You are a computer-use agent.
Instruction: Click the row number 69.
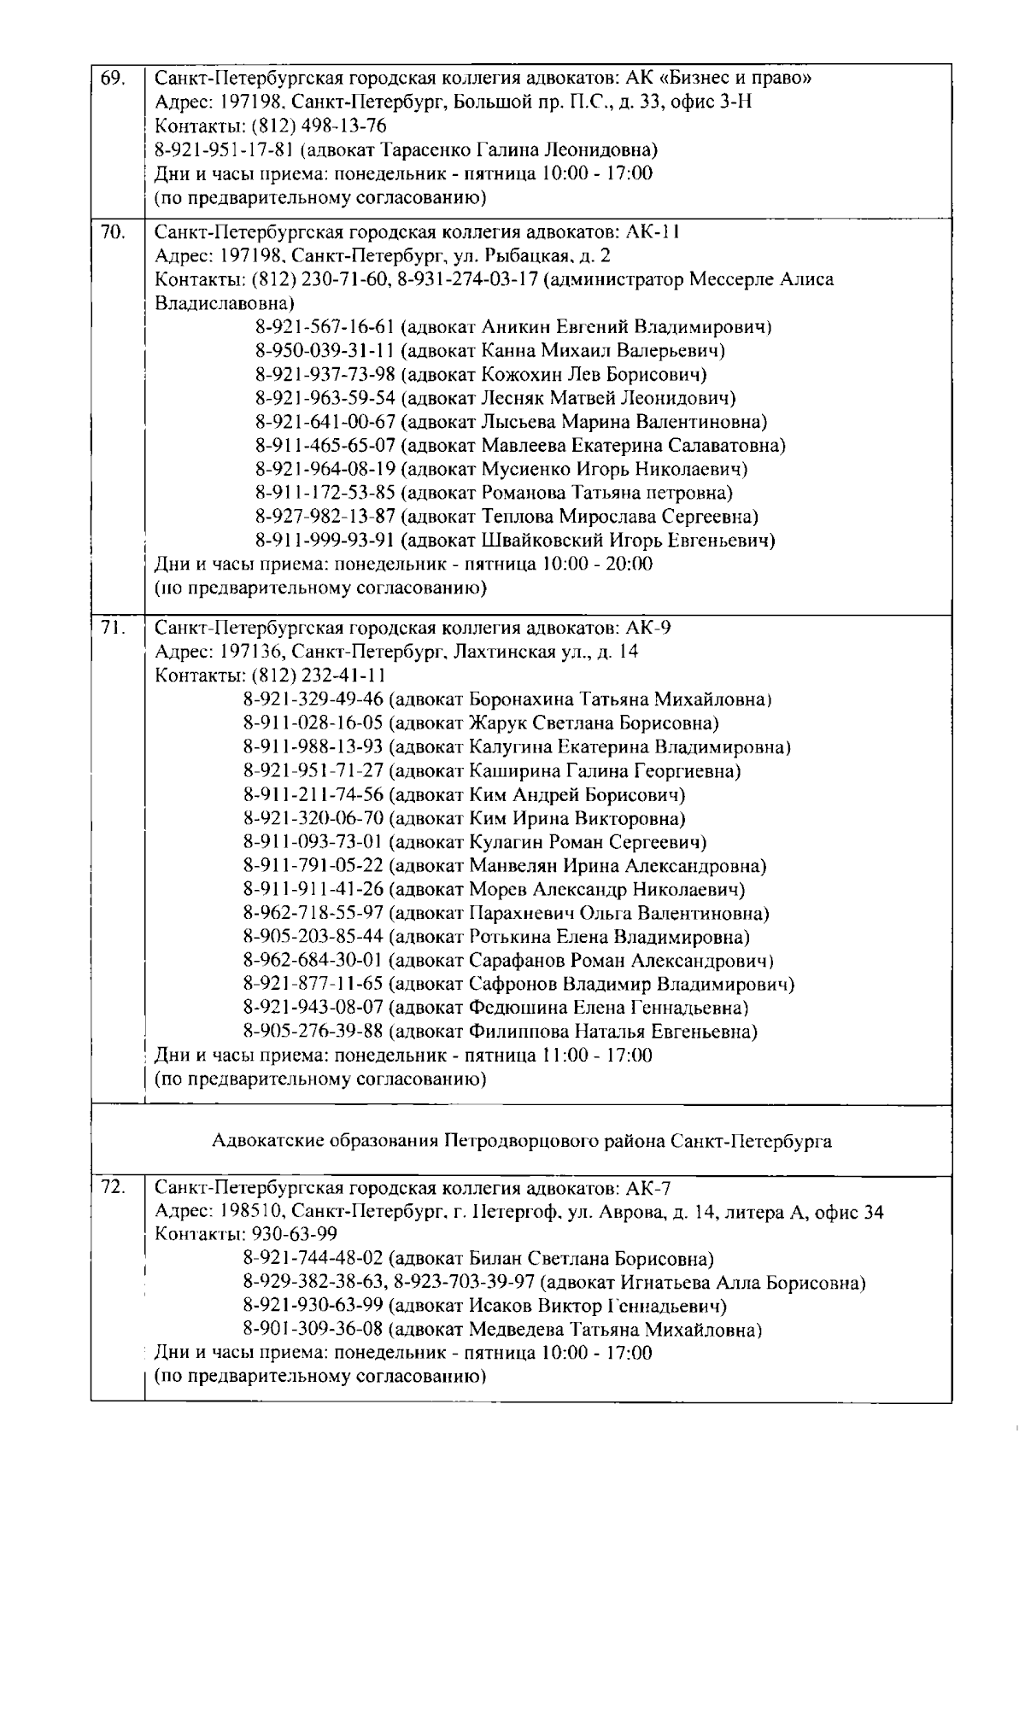112,79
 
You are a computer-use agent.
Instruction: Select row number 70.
112,231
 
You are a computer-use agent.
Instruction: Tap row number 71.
112,628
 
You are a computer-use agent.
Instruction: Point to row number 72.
112,1188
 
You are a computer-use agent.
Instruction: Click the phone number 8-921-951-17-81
225,150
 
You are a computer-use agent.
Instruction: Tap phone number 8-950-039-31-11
325,350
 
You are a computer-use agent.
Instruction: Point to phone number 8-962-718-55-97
313,913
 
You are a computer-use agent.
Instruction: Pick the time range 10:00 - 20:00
597,564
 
